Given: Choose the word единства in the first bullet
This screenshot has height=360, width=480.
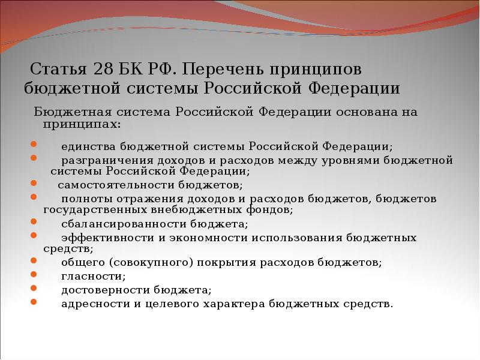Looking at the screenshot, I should tap(89, 146).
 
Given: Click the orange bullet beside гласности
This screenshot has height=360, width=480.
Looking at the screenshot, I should tap(33, 275).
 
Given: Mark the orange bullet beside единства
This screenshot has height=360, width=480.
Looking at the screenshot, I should tap(33, 145).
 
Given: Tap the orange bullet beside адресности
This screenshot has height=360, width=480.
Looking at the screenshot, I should tap(33, 302).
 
